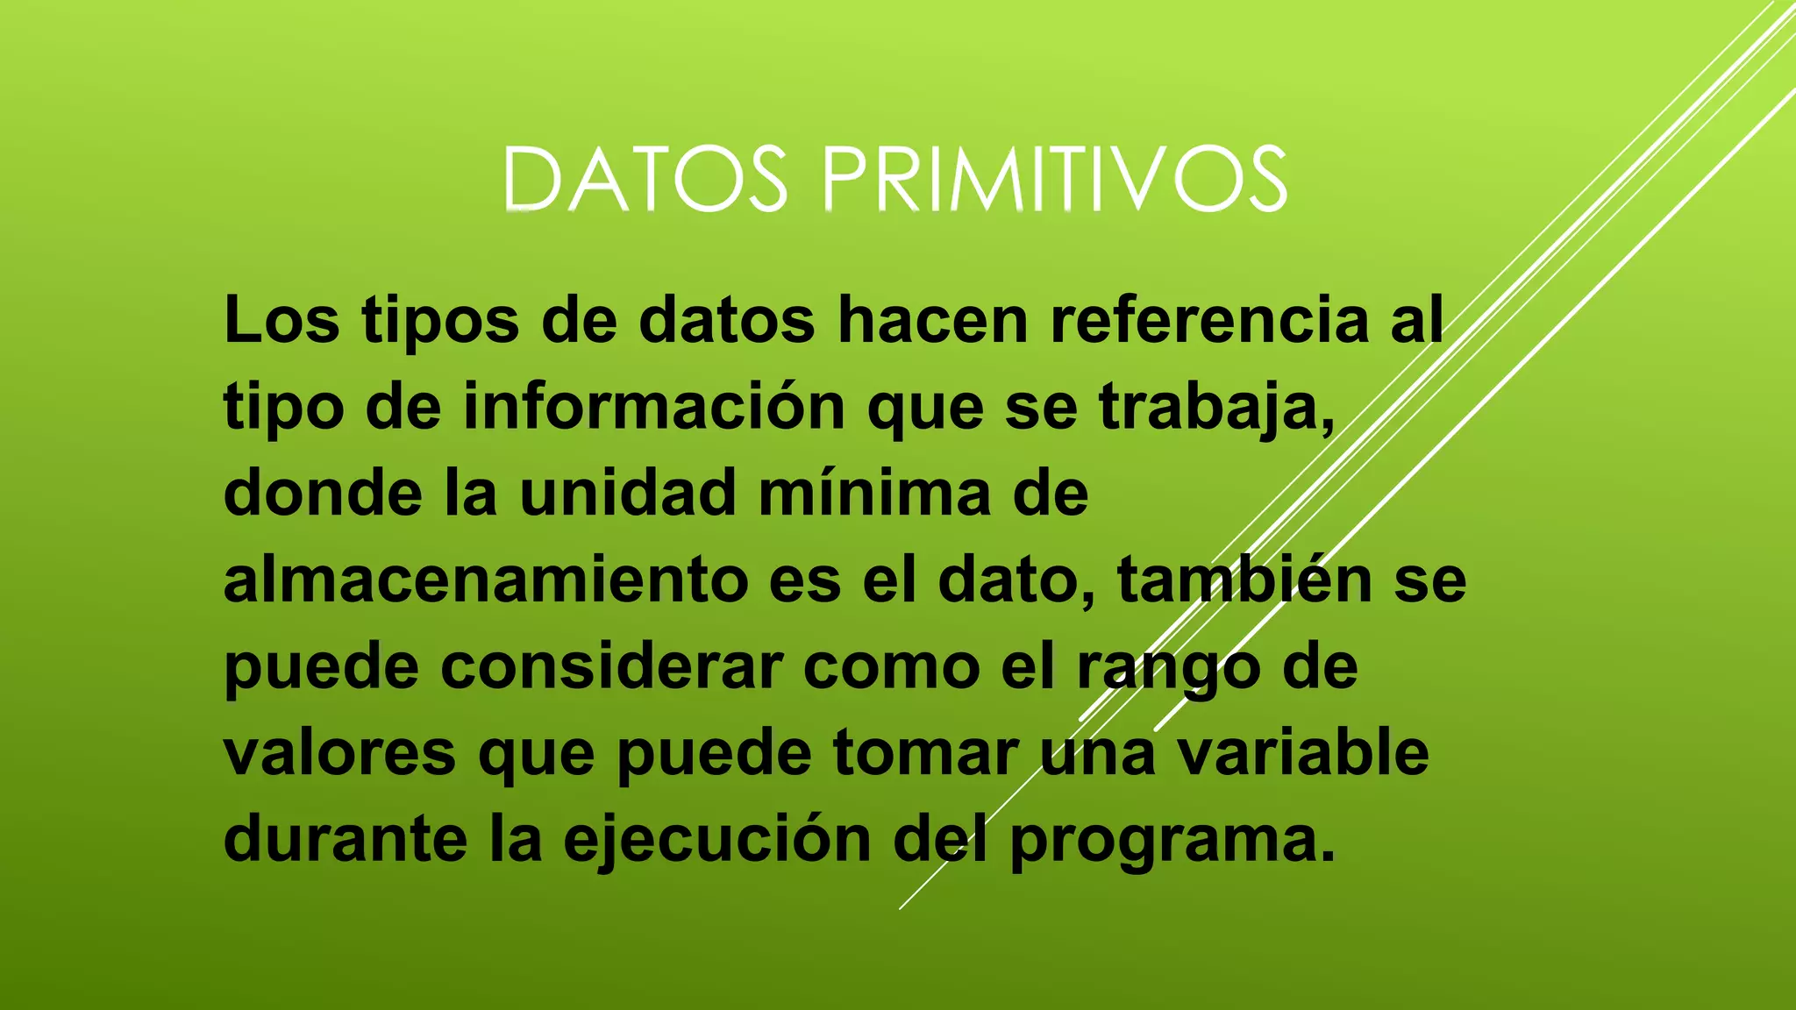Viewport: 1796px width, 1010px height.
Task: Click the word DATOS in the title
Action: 645,180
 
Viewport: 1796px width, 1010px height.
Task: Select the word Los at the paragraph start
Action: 282,320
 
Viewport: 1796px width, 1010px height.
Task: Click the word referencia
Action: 1209,320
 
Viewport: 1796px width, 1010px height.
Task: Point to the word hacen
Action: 932,320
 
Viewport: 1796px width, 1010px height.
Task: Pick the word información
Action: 654,407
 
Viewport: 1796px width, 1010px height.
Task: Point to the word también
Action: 1244,580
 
